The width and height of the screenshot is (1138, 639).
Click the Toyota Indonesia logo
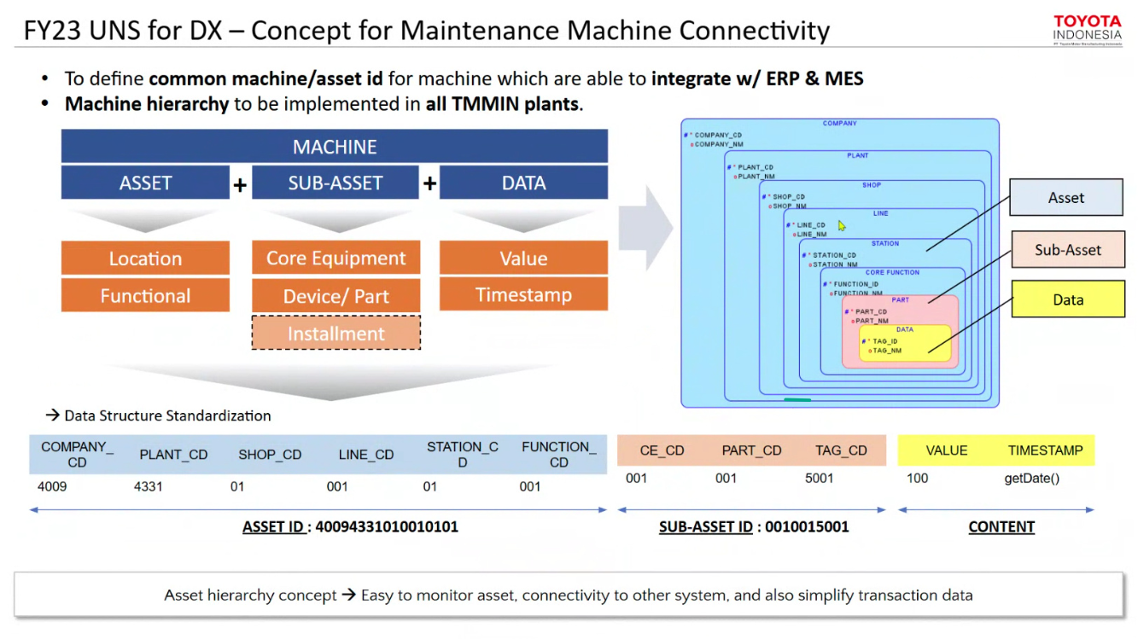[1087, 28]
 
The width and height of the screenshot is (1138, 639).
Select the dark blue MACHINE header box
[334, 147]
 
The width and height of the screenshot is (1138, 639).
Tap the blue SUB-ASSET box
[335, 183]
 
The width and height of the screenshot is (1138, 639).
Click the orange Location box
[145, 259]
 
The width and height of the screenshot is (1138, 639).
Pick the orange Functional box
[145, 296]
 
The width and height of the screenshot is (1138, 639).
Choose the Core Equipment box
[336, 259]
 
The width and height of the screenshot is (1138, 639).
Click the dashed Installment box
[336, 334]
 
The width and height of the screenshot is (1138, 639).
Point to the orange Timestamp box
[523, 295]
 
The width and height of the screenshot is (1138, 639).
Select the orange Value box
[523, 259]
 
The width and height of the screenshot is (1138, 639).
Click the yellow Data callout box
[1067, 299]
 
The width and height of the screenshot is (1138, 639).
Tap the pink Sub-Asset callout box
[1067, 250]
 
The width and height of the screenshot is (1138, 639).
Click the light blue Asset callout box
[1065, 198]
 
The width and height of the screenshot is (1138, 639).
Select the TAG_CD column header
[840, 450]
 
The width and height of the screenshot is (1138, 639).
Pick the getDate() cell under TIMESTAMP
[1031, 478]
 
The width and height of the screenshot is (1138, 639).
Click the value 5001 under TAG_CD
[819, 478]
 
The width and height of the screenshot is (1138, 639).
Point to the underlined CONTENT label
[1001, 527]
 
